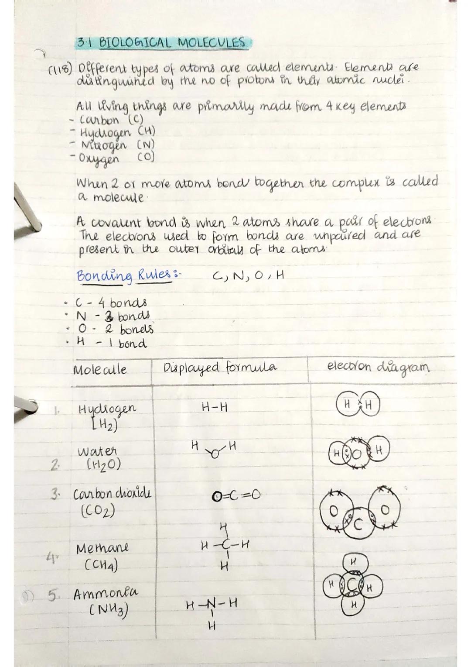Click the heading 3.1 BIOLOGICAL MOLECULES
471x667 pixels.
pos(161,43)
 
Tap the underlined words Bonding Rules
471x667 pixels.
pos(123,276)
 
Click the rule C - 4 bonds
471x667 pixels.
pos(111,303)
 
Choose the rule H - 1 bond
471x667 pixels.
pos(111,344)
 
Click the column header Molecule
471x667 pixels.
pos(100,370)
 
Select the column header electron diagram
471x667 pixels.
pos(378,367)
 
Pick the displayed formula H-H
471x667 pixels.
pos(215,408)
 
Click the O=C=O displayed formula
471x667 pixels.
pos(236,495)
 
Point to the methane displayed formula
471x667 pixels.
pos(224,545)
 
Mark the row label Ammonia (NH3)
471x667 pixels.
pos(105,601)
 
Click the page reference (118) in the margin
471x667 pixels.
pos(63,71)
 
